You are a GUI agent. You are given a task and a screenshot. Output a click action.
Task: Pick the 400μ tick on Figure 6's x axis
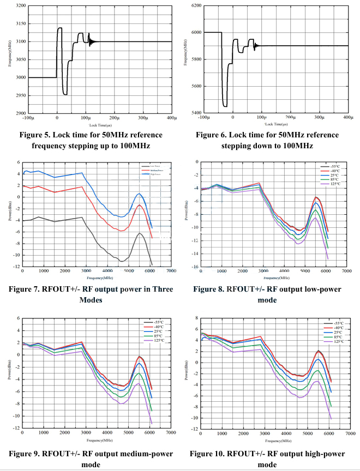click(348, 118)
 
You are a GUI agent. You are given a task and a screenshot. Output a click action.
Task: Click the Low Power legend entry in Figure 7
click(154, 166)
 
